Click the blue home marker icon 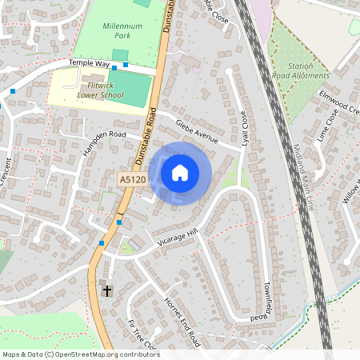click(180, 172)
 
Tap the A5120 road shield click(132, 181)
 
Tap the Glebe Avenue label click(197, 130)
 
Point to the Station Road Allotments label click(301, 71)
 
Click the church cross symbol click(107, 290)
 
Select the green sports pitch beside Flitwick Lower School click(136, 87)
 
